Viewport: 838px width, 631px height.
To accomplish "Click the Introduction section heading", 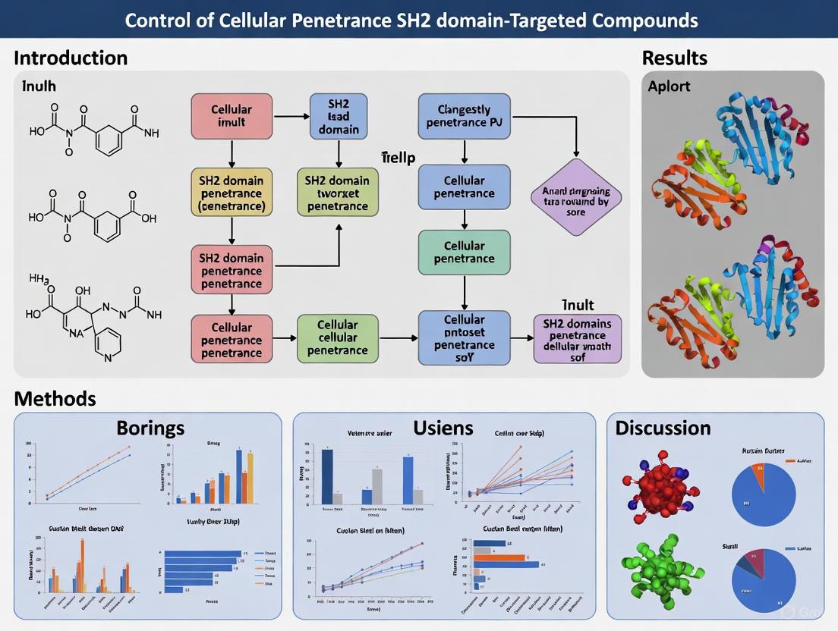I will (x=71, y=58).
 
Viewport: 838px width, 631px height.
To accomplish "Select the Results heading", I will (x=674, y=58).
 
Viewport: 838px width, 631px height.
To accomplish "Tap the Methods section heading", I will (x=55, y=398).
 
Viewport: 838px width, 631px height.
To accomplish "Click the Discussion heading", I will (x=663, y=428).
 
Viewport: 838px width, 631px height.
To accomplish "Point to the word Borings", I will (x=150, y=428).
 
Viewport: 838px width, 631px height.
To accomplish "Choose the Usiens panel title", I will (x=443, y=428).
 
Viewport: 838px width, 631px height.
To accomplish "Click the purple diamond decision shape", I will (x=575, y=199).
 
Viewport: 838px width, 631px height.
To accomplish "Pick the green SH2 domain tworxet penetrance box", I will (x=337, y=193).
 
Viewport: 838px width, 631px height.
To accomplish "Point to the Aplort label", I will (x=669, y=86).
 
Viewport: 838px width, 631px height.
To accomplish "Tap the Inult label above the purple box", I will (x=578, y=305).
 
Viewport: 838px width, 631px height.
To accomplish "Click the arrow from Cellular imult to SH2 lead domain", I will (x=291, y=118).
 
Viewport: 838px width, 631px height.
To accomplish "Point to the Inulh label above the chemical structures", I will (x=39, y=86).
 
